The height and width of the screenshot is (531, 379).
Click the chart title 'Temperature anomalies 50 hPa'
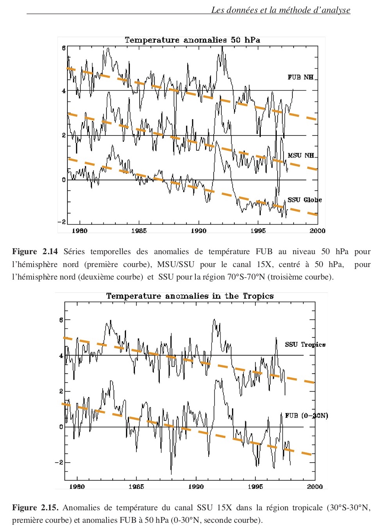point(192,40)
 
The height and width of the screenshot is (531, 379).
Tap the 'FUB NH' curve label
point(300,77)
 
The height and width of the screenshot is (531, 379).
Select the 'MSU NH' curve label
point(301,155)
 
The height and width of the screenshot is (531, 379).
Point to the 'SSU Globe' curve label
point(305,200)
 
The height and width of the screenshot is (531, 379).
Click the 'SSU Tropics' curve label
point(305,344)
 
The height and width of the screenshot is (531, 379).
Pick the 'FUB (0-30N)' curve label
point(306,415)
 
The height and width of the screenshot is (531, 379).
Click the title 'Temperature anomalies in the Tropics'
point(190,296)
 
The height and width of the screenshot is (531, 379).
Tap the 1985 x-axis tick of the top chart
point(139,231)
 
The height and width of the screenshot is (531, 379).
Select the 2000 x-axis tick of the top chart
point(317,231)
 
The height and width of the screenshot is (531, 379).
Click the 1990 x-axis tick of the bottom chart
point(196,486)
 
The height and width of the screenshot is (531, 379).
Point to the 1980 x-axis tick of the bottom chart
point(77,486)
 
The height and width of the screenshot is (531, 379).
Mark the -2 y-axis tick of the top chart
point(62,222)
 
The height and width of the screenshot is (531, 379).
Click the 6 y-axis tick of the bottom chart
point(61,320)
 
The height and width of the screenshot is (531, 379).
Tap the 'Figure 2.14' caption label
point(35,252)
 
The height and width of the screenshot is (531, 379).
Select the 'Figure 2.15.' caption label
point(35,508)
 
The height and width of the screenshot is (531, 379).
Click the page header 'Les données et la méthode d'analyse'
point(280,10)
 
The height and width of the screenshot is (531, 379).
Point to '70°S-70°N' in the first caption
point(246,277)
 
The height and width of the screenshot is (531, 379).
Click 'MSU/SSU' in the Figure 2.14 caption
point(175,265)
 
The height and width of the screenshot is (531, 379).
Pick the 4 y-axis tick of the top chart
point(64,91)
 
